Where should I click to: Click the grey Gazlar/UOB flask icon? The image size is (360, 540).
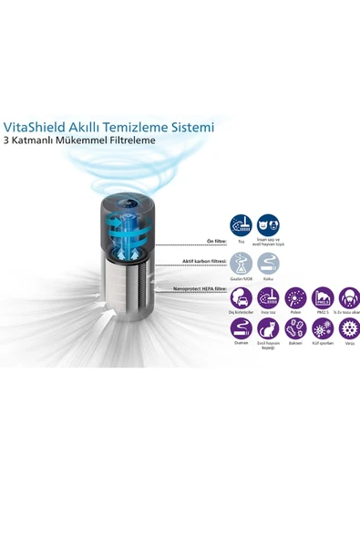pos(242,265)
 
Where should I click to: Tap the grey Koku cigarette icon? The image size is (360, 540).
pos(268,265)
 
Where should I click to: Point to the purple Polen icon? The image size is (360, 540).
pos(295,298)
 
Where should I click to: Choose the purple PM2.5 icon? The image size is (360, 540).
pos(322,298)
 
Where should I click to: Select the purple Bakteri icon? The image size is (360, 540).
pos(295,329)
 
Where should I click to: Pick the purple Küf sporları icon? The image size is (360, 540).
pos(322,329)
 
